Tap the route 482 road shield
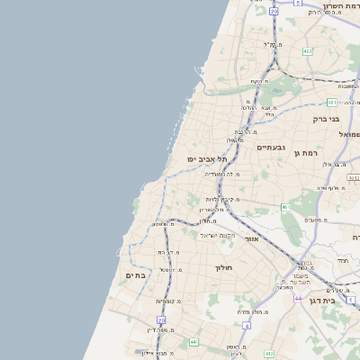click(308, 51)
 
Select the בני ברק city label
click(325, 118)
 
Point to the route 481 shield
click(332, 102)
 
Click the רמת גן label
click(308, 153)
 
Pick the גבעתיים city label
click(270, 147)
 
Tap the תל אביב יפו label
click(203, 158)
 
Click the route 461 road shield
click(286, 207)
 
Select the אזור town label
click(252, 238)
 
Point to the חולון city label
click(224, 268)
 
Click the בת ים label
click(135, 275)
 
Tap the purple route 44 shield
click(298, 298)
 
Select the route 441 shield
click(193, 342)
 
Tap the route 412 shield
click(354, 178)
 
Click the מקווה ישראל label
click(217, 235)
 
